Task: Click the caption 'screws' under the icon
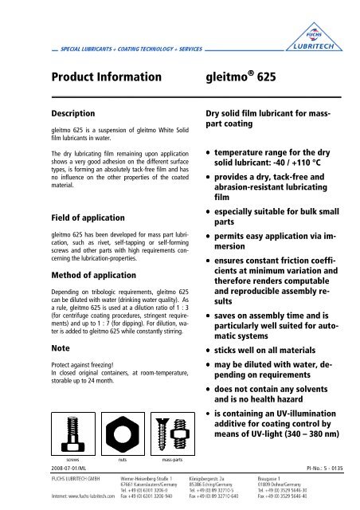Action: coord(50,461)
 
